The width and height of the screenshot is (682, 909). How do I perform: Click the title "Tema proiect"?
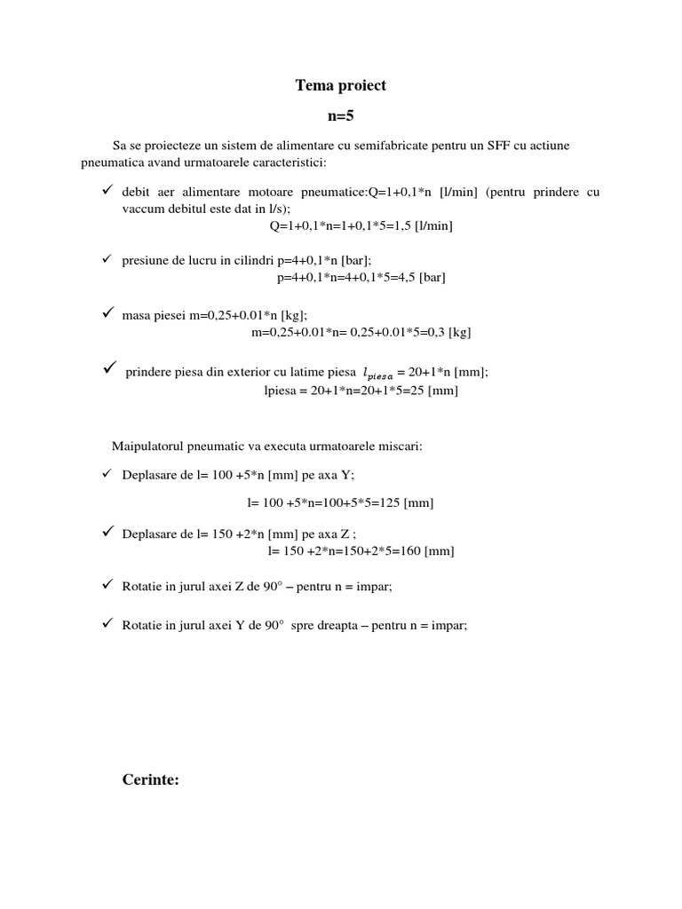(x=341, y=86)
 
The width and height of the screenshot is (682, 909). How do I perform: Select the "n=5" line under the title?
(x=341, y=115)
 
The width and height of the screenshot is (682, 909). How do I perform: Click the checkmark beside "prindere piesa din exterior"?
(x=110, y=368)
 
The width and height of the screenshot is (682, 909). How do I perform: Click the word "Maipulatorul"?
(x=145, y=446)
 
